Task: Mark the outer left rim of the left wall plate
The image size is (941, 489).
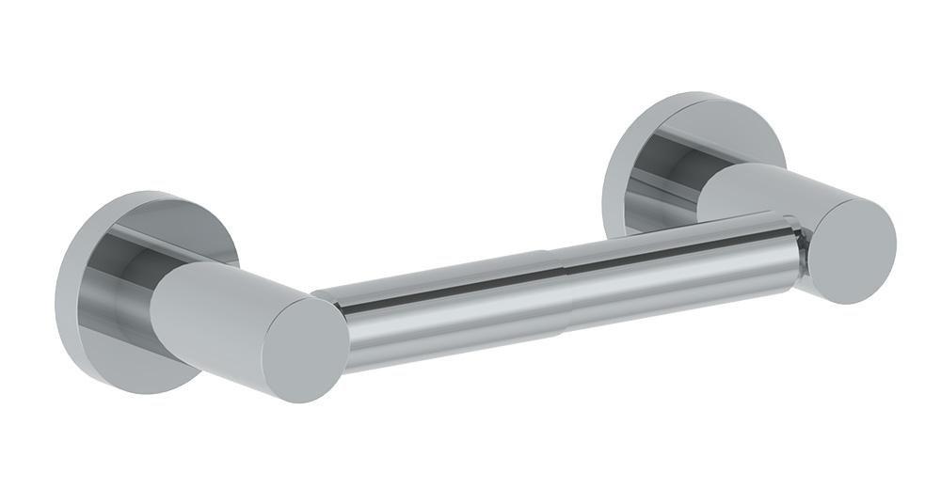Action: [60, 292]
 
